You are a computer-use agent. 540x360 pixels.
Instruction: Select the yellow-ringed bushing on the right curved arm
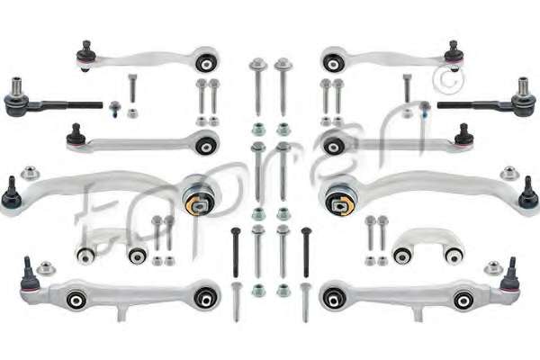tap(340, 205)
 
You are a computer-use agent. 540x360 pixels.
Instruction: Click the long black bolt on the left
tap(236, 253)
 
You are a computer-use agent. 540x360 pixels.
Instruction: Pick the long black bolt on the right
tap(306, 253)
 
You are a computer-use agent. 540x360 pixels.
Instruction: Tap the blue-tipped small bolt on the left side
tap(115, 109)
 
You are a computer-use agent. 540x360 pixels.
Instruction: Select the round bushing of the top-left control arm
tap(207, 63)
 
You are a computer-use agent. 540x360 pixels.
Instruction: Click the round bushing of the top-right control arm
tap(334, 63)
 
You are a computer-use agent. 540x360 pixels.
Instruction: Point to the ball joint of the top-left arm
tap(85, 55)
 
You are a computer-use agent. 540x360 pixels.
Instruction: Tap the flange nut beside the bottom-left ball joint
tap(46, 268)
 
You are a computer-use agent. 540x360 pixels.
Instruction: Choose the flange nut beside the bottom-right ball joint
tap(493, 268)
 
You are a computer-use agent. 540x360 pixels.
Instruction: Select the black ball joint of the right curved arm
tap(528, 195)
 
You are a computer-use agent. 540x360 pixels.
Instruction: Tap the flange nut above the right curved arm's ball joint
tap(509, 174)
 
